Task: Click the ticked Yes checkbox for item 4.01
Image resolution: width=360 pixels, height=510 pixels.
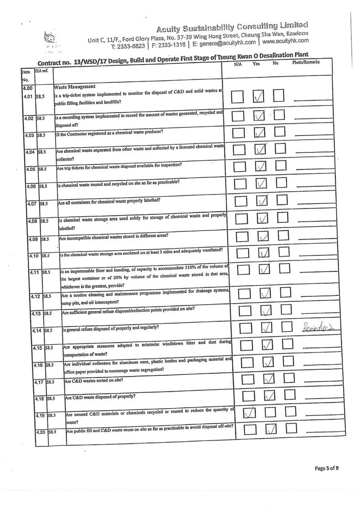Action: point(259,96)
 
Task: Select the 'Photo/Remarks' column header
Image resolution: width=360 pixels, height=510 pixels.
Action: point(306,62)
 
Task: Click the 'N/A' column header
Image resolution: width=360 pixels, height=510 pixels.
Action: point(238,64)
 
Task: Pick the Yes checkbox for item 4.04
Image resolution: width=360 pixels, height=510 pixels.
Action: point(260,149)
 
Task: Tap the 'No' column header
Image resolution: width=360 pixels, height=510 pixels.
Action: point(275,63)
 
